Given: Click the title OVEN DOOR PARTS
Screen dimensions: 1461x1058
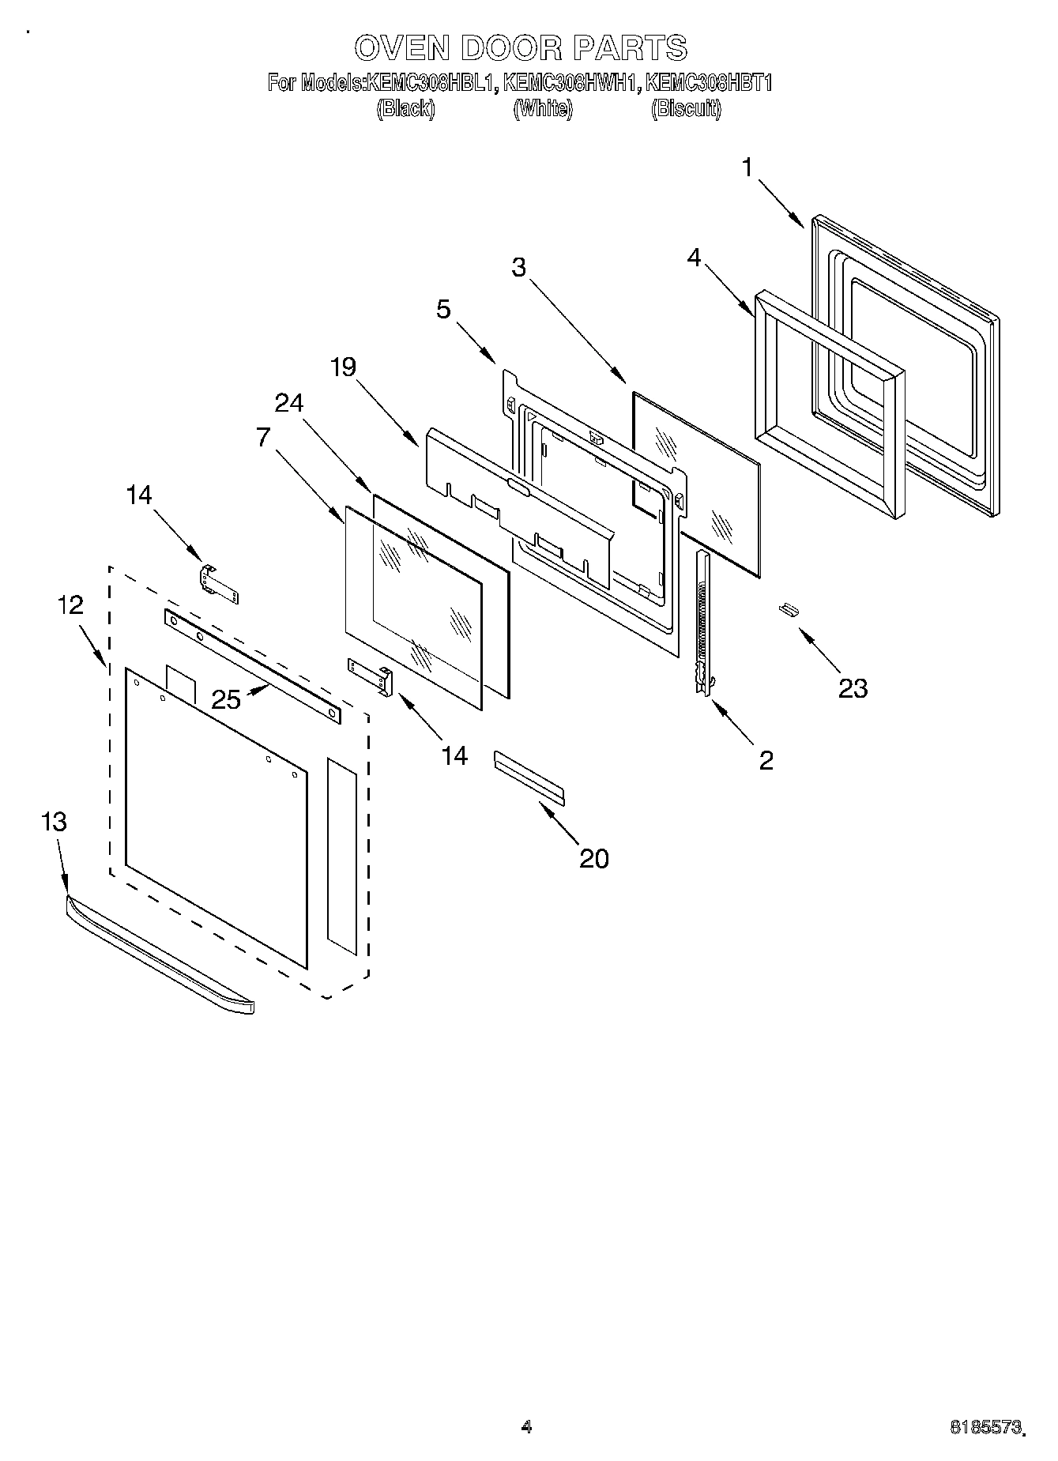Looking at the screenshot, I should click(521, 49).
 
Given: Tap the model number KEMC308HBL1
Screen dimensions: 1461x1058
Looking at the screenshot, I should click(431, 83).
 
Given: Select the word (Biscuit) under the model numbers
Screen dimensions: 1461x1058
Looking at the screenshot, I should click(686, 109).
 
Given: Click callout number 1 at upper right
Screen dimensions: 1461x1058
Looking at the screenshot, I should click(747, 168).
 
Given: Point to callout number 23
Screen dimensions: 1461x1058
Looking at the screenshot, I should click(853, 688).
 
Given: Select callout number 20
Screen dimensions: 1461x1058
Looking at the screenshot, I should click(594, 858).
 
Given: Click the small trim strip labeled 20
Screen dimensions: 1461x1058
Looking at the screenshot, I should click(529, 778).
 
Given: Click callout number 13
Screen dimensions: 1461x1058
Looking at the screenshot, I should click(54, 822).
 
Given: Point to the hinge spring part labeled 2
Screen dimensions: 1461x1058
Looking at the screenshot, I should click(702, 624).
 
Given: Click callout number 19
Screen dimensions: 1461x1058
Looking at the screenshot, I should click(343, 367).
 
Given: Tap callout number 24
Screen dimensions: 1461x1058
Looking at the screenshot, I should click(288, 403).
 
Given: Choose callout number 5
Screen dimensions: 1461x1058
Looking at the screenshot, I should click(443, 309).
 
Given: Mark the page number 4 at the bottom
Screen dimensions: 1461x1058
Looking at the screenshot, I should click(527, 1427).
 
